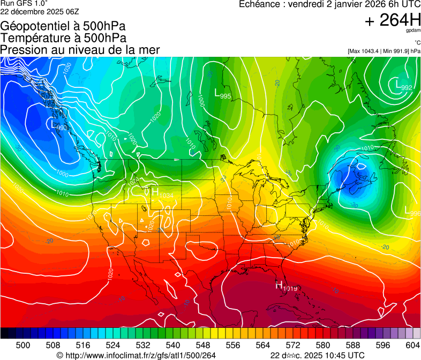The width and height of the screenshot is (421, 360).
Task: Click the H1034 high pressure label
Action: point(162,194)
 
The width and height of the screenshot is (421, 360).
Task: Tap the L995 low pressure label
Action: point(222,94)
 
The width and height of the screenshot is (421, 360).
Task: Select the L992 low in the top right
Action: point(403,86)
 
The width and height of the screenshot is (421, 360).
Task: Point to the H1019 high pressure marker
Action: point(287,287)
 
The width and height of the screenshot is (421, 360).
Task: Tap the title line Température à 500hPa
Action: point(63,38)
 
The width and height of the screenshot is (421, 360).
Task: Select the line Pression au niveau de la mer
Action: point(80,50)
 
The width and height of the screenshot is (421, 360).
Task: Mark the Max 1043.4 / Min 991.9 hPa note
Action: point(384,51)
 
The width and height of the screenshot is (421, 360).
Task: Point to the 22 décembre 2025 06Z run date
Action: point(39,11)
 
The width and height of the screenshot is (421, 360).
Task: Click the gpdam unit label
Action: point(412,32)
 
